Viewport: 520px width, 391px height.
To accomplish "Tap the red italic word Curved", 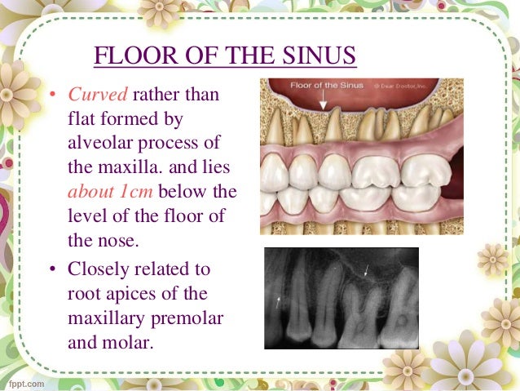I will point(92,96).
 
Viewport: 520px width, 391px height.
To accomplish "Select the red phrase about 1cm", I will point(105,193).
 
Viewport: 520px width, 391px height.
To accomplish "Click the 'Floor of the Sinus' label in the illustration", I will point(326,86).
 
